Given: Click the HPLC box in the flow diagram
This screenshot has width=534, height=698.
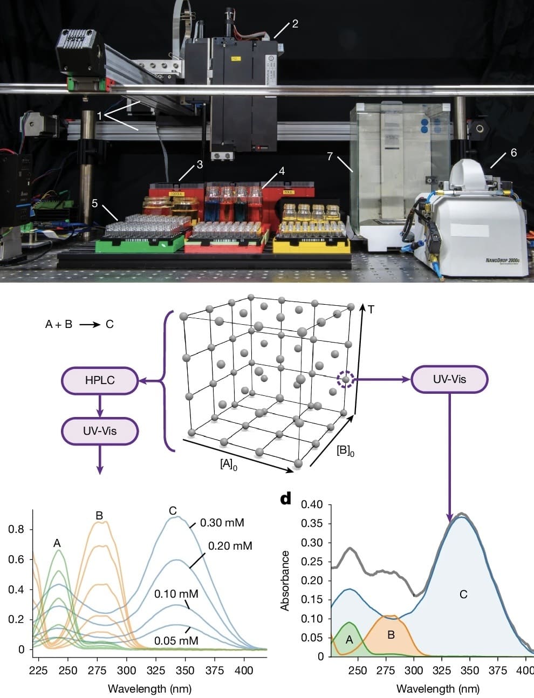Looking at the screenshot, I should pos(100,380).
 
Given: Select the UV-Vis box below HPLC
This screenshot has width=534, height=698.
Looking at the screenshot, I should pos(100,431).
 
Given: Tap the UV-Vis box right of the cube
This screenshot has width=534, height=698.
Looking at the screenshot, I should pos(449,379).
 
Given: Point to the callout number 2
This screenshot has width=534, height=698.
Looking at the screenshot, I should pos(295,23).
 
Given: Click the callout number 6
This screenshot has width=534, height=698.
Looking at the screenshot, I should pos(514,153).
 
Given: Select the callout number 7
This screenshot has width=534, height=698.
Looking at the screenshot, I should pos(330,156).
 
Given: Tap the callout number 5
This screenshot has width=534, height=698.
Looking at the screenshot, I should pos(95,203).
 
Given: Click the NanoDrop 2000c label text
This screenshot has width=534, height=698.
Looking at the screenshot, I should pos(502,261).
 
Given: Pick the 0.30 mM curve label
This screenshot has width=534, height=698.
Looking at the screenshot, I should pos(222,523).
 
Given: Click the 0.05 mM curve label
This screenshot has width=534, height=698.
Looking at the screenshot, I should pos(176,641).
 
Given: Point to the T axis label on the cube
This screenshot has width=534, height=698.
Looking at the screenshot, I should pos(371,309).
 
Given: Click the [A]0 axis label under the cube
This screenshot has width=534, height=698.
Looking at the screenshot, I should pos(228,464).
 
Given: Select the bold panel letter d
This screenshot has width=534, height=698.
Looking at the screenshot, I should pos(286,498).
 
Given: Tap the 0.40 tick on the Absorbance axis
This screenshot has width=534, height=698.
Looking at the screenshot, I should pos(312,505).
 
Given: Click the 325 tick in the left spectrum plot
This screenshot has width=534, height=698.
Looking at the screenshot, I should pos(156,670).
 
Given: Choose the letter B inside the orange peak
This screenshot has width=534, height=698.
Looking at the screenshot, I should pos(391,635).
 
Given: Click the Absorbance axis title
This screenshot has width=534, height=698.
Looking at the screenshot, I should pos(285,580).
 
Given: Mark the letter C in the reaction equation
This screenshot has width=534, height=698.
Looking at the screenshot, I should pos(109,324).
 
